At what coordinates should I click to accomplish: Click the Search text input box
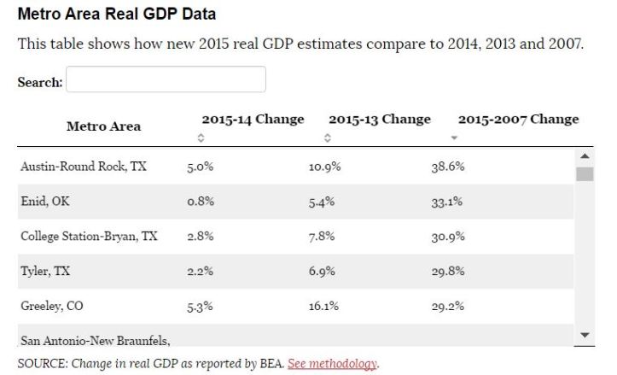[166, 80]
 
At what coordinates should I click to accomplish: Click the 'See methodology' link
[333, 363]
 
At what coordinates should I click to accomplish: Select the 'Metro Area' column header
[103, 126]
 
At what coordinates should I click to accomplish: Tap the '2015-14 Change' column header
[253, 120]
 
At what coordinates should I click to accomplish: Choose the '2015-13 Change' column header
[379, 120]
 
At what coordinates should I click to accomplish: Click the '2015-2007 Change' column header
[518, 120]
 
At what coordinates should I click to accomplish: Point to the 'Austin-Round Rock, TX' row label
[83, 167]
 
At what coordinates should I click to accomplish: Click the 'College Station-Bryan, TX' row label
[89, 236]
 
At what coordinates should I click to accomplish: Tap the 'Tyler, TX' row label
[45, 271]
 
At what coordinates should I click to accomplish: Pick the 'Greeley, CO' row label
[52, 305]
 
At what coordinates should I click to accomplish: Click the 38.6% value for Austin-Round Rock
[447, 167]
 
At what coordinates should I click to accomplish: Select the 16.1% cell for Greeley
[324, 306]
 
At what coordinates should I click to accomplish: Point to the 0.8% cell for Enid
[200, 202]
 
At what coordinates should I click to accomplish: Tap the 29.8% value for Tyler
[447, 272]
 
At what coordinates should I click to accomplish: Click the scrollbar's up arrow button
[585, 155]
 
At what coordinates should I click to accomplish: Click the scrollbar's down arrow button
[585, 335]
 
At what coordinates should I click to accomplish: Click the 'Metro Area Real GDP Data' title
[116, 15]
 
